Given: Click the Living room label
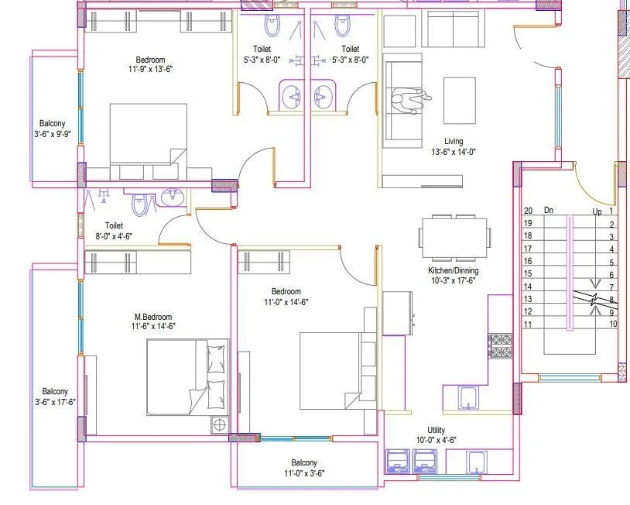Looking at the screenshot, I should coord(454,142).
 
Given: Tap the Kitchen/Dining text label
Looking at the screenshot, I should coord(454,270).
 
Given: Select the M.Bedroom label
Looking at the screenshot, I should coord(152,317).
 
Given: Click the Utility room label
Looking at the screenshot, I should coord(436,430).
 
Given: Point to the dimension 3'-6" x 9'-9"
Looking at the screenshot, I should coord(53,134).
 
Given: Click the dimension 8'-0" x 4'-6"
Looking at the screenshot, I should coord(114,236).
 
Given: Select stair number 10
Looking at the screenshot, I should coord(612,324).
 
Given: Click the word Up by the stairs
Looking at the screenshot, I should coord(597,211).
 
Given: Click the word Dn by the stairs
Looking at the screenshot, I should coord(549,210).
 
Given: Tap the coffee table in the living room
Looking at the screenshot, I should coord(459,100).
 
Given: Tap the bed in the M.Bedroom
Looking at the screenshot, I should coord(188,377).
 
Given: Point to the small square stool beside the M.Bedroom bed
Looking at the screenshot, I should coord(219,424).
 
